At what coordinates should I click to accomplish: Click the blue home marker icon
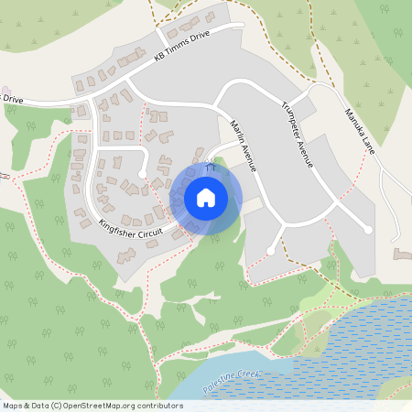tap(206, 198)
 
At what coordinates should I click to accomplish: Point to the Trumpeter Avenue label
tap(298, 134)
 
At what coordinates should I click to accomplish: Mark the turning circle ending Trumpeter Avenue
tap(368, 230)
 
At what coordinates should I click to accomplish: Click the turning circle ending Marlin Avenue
tap(270, 250)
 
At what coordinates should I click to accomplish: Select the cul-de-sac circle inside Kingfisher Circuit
tap(142, 173)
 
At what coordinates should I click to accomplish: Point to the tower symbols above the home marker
tap(210, 168)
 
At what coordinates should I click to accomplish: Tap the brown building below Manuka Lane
tap(400, 253)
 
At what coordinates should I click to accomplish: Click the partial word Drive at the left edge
tap(12, 98)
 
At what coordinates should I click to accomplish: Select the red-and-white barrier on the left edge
tap(5, 175)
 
